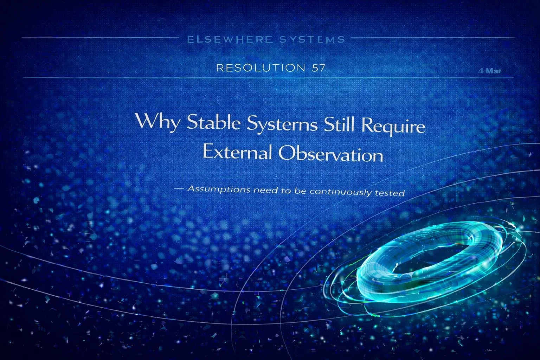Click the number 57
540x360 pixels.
point(317,68)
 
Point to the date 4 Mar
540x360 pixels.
point(490,71)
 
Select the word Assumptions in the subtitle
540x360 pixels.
point(219,189)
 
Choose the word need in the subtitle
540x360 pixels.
point(265,191)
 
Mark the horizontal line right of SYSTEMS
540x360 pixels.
point(432,37)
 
